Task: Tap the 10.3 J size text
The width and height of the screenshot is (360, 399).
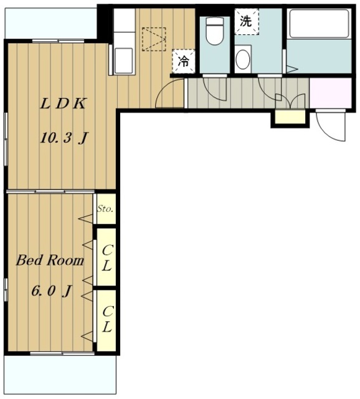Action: pyautogui.click(x=64, y=138)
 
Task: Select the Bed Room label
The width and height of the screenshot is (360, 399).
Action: pyautogui.click(x=50, y=261)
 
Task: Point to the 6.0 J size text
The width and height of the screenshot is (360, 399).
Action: pyautogui.click(x=51, y=291)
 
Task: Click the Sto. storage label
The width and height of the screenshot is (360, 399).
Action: pyautogui.click(x=105, y=209)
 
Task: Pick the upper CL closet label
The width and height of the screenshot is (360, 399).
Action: pyautogui.click(x=107, y=258)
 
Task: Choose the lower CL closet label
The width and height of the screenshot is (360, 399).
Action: pyautogui.click(x=107, y=319)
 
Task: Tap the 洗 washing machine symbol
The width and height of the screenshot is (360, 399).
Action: pyautogui.click(x=246, y=21)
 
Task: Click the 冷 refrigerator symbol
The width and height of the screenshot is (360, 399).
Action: pyautogui.click(x=183, y=61)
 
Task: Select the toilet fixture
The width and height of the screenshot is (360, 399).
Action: pyautogui.click(x=215, y=31)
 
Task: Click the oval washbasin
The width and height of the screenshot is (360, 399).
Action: pyautogui.click(x=243, y=59)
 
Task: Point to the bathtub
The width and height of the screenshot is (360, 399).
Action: pyautogui.click(x=319, y=24)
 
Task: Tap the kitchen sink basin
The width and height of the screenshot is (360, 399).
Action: pyautogui.click(x=123, y=60)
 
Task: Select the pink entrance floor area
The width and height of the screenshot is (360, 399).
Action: pyautogui.click(x=331, y=93)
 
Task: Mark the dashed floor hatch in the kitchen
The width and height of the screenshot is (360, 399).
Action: pyautogui.click(x=154, y=39)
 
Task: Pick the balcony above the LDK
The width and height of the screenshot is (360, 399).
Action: pyautogui.click(x=51, y=24)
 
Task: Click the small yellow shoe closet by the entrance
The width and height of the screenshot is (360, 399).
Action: pyautogui.click(x=290, y=117)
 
